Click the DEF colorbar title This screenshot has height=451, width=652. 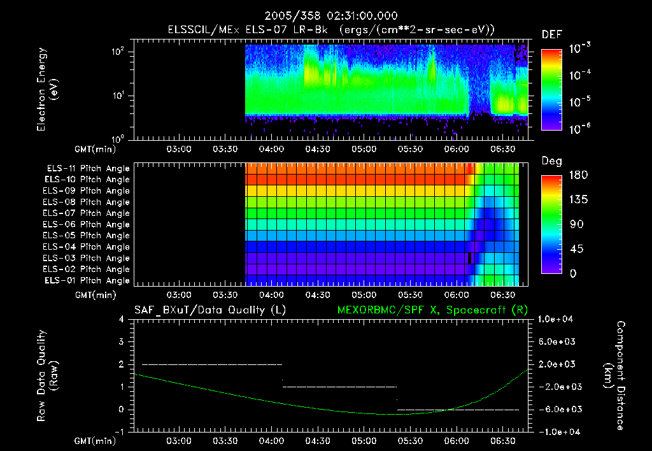pos(551,34)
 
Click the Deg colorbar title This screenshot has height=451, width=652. pos(551,161)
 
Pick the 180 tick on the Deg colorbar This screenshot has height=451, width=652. pos(575,175)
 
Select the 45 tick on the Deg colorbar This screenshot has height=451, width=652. pos(575,249)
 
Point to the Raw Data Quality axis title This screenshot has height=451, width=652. pos(47,376)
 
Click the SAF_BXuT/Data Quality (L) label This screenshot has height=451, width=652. pos(201,310)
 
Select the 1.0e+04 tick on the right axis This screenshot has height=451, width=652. pos(556,319)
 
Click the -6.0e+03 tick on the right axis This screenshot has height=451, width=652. pos(556,410)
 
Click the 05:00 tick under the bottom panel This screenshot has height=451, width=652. pos(364,441)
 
